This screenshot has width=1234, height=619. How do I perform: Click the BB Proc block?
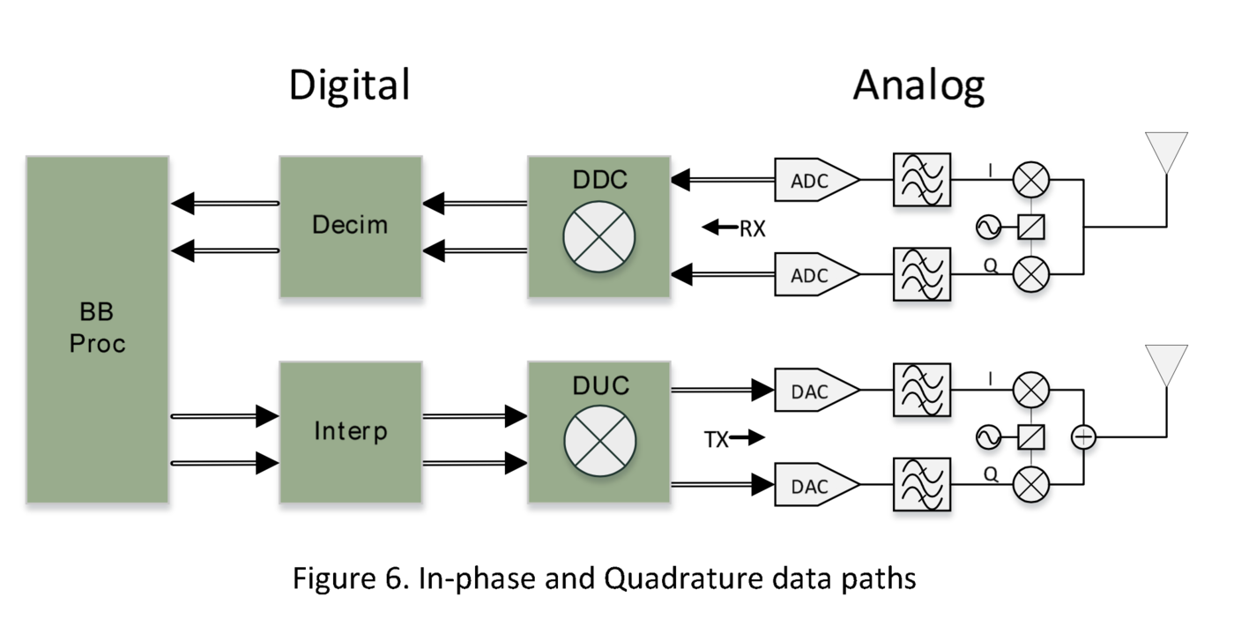coord(97,329)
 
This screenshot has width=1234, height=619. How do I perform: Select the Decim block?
coord(350,226)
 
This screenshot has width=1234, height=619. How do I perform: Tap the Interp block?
coord(350,432)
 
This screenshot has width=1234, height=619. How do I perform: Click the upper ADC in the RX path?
coord(816,181)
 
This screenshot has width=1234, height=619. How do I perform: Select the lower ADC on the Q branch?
coord(816,275)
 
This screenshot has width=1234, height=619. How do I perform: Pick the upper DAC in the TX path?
coord(816,391)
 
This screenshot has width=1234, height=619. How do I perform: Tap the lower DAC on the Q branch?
coord(816,485)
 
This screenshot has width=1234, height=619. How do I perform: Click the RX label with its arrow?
coord(734,229)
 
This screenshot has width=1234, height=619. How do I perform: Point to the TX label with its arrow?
coord(732,438)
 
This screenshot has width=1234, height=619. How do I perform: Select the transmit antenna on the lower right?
coord(1165,364)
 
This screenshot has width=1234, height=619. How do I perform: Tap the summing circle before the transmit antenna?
coord(1083,436)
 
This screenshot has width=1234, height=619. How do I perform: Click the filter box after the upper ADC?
coord(922,181)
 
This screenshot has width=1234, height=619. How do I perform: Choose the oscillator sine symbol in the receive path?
coord(988,227)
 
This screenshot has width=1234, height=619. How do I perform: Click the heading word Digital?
coord(350,86)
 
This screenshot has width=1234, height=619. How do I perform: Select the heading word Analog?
coord(918,86)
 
